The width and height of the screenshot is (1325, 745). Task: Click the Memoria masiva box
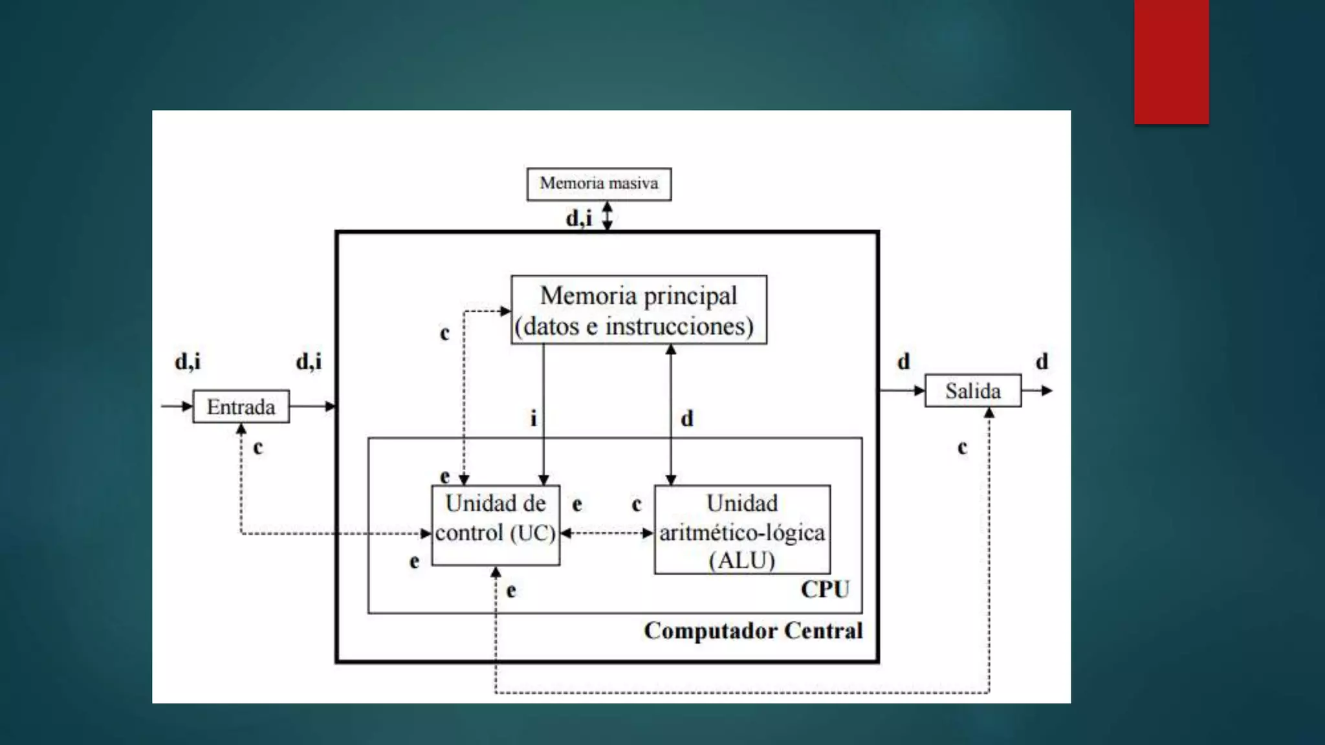pyautogui.click(x=598, y=184)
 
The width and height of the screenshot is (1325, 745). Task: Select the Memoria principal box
pyautogui.click(x=639, y=310)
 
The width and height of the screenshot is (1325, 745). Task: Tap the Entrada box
pyautogui.click(x=241, y=407)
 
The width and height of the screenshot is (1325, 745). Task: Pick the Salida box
pyautogui.click(x=972, y=391)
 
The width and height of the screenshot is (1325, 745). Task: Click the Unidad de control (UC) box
pyautogui.click(x=496, y=525)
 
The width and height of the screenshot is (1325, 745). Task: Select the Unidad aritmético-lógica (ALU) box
pyautogui.click(x=742, y=530)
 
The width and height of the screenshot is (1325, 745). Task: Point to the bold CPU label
pyautogui.click(x=825, y=589)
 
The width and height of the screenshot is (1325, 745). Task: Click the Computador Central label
pyautogui.click(x=753, y=631)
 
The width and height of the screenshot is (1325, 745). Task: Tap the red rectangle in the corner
pyautogui.click(x=1171, y=61)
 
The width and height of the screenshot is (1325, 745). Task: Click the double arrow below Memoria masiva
pyautogui.click(x=608, y=215)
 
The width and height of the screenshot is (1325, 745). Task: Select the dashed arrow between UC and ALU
pyautogui.click(x=607, y=534)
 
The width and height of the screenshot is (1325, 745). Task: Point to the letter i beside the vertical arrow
pyautogui.click(x=533, y=418)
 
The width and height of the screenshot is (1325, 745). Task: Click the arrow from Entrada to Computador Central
pyautogui.click(x=312, y=407)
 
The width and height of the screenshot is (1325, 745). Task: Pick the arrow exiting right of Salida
pyautogui.click(x=1037, y=391)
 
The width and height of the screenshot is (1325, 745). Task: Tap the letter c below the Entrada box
pyautogui.click(x=258, y=447)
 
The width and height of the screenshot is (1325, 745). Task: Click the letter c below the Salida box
pyautogui.click(x=962, y=447)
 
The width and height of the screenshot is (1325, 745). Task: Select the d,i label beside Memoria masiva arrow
pyautogui.click(x=579, y=219)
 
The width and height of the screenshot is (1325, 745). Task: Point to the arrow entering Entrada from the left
pyautogui.click(x=177, y=407)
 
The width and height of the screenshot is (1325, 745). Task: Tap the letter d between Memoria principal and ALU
pyautogui.click(x=687, y=418)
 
